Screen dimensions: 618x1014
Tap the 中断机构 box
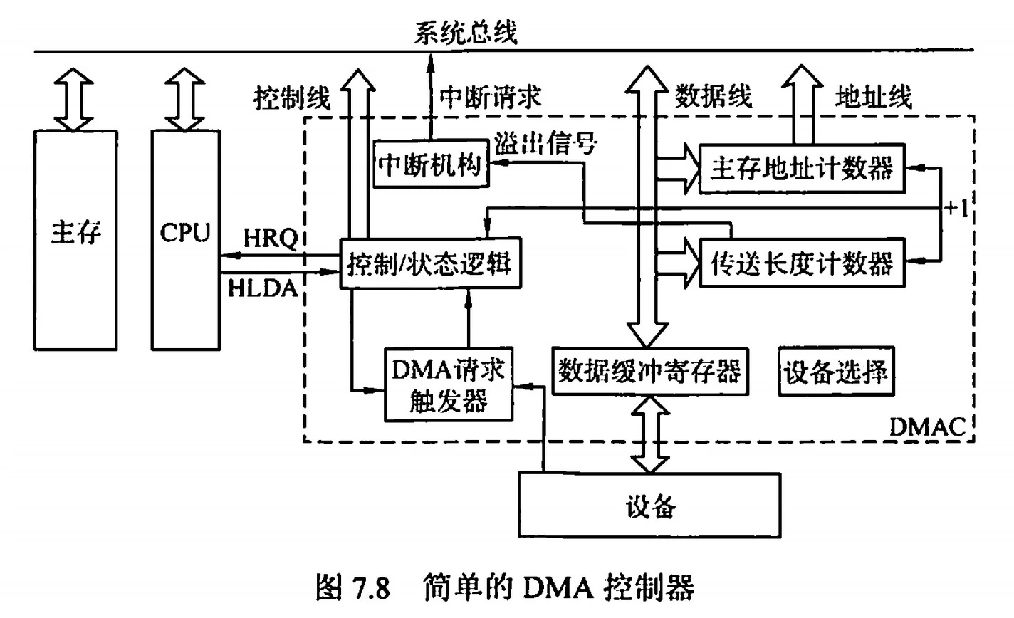pos(430,164)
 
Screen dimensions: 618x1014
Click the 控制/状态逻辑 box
pos(429,263)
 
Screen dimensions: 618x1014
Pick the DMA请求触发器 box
pos(449,384)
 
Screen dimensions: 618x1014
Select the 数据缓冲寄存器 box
pos(649,370)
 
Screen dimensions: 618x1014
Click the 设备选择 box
pos(835,372)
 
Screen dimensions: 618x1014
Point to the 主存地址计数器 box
pos(802,169)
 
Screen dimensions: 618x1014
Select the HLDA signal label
pos(263,288)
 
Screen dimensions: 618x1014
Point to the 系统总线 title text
pos(466,33)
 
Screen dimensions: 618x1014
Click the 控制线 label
pos(292,98)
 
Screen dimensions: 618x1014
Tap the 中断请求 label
pos(490,97)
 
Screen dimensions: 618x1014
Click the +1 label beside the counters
pos(956,209)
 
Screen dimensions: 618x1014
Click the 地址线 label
pos(873,97)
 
